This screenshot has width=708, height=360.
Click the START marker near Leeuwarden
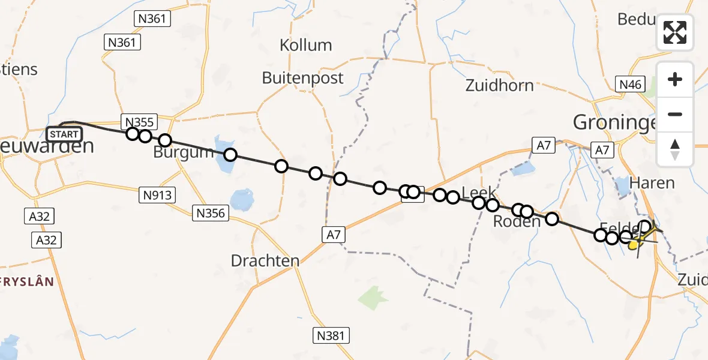64,134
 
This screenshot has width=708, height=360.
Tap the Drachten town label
265,260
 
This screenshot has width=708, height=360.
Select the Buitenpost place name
303,78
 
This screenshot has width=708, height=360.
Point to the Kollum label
306,45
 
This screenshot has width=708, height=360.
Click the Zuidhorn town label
499,85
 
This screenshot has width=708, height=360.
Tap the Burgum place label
183,152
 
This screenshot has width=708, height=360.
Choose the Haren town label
653,183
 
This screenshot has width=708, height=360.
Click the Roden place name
517,221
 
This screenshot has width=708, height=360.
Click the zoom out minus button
675,114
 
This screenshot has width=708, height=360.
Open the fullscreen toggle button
675,32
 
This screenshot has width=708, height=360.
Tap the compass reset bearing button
675,149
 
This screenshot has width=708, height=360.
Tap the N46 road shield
631,84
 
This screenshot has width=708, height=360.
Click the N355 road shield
139,122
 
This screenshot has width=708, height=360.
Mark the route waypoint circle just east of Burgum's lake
230,155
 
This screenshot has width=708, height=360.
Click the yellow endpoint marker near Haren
633,244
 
